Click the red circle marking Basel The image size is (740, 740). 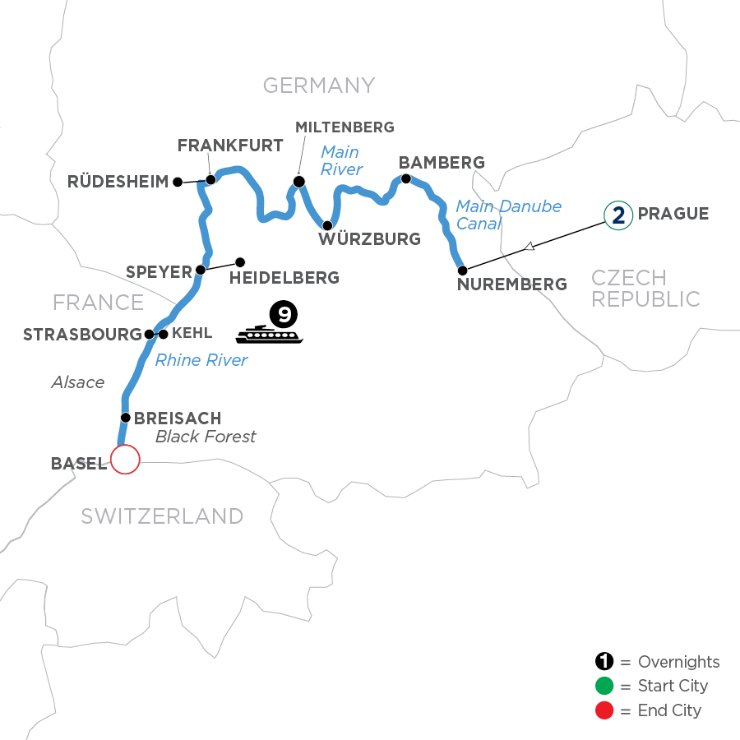125,460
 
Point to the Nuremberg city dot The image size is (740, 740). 462,270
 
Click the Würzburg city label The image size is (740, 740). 371,240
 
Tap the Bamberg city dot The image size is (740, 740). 405,178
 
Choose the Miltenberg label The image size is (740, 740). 345,127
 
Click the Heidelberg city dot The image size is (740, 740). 240,262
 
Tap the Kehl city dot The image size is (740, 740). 163,335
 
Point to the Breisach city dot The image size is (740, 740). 125,418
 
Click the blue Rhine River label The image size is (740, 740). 201,360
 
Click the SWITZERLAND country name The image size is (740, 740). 162,516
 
